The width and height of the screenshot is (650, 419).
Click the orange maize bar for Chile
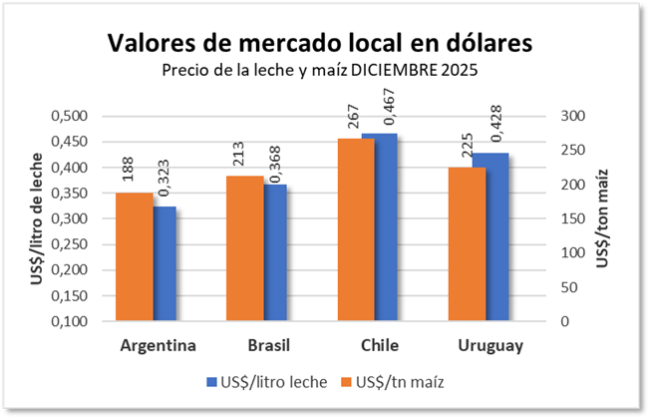[x=356, y=229]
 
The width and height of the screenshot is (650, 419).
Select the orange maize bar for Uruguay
[x=467, y=244]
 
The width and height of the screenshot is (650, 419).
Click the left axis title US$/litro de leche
[x=36, y=218]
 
